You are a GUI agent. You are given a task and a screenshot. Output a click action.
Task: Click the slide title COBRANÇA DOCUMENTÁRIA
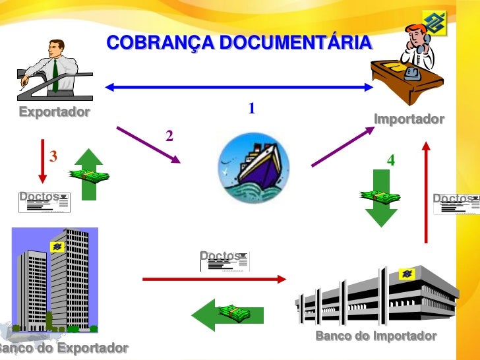[239, 44]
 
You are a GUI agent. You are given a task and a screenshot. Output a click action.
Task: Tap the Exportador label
[54, 111]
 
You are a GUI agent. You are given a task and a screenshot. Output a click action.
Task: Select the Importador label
[409, 119]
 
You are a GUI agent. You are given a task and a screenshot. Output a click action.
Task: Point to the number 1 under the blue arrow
[251, 107]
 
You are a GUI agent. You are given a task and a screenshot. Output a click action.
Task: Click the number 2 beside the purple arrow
[169, 136]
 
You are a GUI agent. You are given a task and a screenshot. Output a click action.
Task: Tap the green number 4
[391, 160]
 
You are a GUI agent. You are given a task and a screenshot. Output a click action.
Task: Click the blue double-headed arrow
[239, 87]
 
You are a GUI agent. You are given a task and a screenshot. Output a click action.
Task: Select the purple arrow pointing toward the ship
[148, 144]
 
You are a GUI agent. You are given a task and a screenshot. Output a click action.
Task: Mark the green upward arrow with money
[88, 173]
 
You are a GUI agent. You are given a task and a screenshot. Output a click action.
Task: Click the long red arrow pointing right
[214, 280]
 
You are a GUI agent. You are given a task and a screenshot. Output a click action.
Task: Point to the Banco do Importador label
[376, 336]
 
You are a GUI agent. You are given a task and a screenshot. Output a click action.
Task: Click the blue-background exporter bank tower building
[55, 280]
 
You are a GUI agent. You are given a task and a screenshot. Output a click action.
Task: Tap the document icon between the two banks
[225, 261]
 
